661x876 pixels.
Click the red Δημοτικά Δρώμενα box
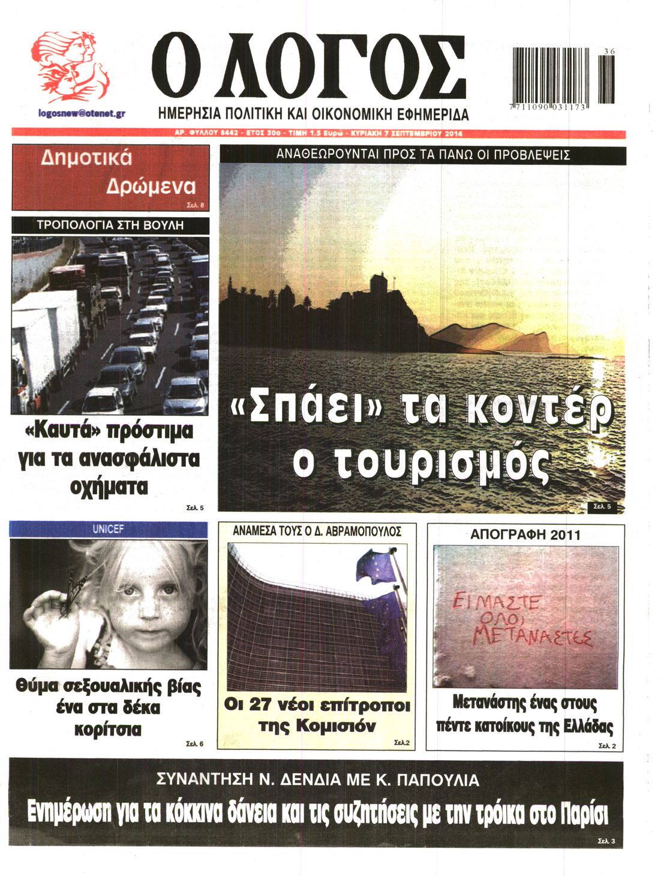pos(110,177)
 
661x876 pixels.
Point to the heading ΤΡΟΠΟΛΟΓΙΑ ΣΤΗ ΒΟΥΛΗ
pos(110,226)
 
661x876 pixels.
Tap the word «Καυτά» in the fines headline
pos(65,431)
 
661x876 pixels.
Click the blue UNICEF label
pos(109,530)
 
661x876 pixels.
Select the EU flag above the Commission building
pos(375,567)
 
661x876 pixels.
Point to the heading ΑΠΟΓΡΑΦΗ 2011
pos(525,535)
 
